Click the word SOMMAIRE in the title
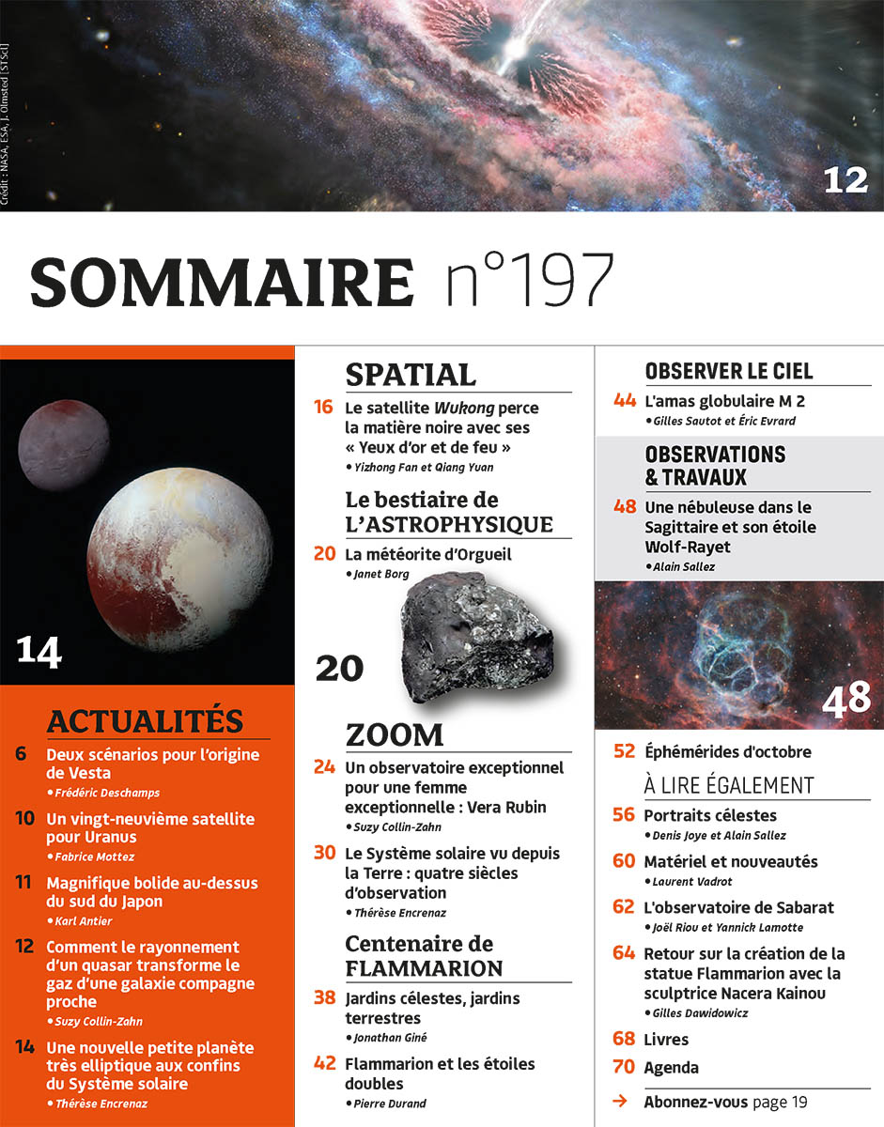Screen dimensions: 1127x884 [222, 281]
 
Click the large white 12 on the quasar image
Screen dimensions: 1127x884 [845, 178]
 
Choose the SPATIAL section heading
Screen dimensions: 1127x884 [411, 374]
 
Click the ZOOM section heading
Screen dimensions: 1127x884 [394, 733]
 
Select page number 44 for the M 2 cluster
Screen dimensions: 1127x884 [625, 401]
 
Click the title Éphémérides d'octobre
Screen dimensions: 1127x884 [727, 751]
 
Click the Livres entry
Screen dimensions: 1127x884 [666, 1039]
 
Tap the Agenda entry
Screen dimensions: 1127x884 [671, 1067]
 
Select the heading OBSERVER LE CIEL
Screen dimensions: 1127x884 [729, 371]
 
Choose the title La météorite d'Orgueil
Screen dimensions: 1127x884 [427, 554]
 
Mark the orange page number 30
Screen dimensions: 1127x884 [324, 853]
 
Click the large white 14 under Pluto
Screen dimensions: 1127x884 [39, 651]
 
